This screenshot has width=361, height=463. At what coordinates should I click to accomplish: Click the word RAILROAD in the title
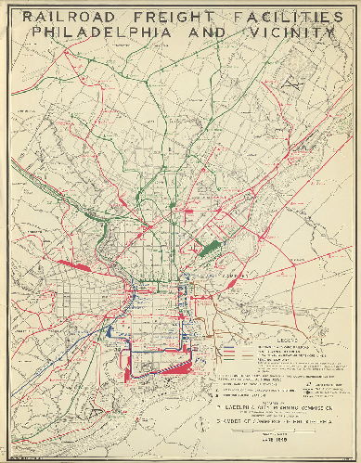[66, 17]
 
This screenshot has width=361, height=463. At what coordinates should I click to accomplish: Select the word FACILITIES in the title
[277, 17]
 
